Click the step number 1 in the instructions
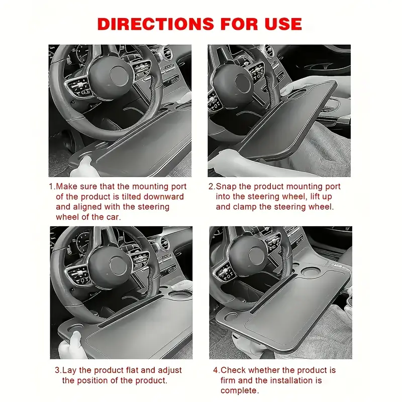51,186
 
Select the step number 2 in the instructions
211,186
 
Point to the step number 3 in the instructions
57,370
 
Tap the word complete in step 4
240,391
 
